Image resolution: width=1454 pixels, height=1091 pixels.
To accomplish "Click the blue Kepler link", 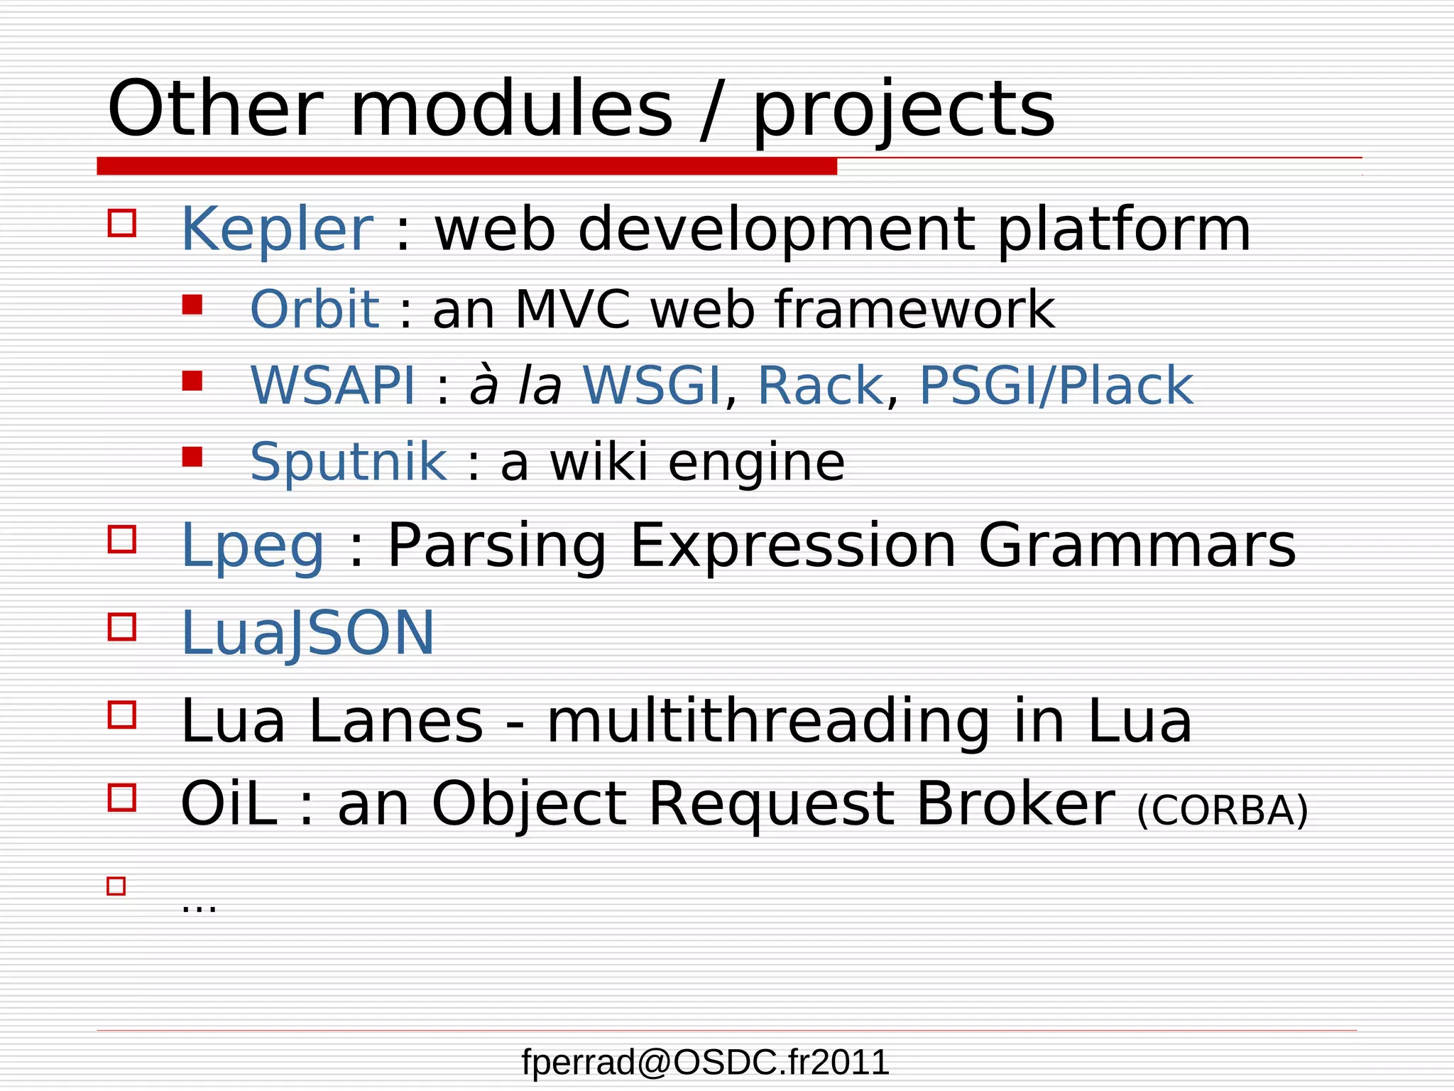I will [x=277, y=229].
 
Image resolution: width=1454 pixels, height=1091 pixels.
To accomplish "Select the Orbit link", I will [x=315, y=310].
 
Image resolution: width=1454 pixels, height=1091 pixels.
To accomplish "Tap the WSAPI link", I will [x=332, y=386].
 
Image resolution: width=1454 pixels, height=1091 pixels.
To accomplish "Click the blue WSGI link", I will [x=651, y=386].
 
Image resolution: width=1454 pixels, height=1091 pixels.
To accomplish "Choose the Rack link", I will [x=820, y=386].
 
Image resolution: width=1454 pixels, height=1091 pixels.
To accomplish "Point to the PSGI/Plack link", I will [x=1056, y=386].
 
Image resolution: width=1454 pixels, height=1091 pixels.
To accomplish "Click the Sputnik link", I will [x=349, y=462].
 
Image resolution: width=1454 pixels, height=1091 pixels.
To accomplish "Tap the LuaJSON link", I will [x=307, y=633].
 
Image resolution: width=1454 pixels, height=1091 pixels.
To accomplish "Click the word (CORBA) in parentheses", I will [x=1222, y=810].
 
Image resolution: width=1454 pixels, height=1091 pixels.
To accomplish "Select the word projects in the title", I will [x=903, y=110].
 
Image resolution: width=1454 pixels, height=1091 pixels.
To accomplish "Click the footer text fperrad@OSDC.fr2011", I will [x=705, y=1063].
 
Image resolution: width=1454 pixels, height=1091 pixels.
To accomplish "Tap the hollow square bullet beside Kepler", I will [x=122, y=222].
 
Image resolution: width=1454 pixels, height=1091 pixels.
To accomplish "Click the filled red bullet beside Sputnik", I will [x=192, y=456].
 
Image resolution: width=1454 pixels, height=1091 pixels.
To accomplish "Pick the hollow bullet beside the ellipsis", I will [x=116, y=886].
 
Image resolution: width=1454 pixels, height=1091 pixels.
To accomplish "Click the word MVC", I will [x=572, y=310].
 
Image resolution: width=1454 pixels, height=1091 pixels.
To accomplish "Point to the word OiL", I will [x=229, y=804].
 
